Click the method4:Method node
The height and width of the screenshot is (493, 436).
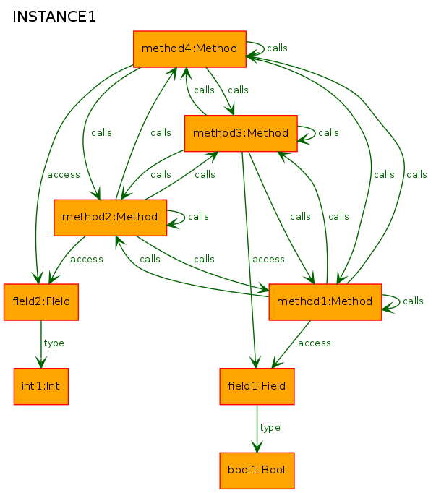[189, 49]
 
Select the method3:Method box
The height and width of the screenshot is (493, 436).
[241, 133]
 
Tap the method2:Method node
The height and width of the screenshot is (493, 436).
[110, 218]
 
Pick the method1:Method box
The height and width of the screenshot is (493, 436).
[325, 302]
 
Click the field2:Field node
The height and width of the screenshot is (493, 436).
[41, 302]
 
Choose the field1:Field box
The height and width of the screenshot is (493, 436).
[257, 387]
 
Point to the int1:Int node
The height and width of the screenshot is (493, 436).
[41, 387]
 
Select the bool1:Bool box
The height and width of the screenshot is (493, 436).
[257, 471]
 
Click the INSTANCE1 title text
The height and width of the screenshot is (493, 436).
[54, 17]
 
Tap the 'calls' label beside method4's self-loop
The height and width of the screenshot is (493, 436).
[277, 48]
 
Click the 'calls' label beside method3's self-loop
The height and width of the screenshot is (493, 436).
[328, 133]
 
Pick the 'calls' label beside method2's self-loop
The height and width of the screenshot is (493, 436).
[198, 217]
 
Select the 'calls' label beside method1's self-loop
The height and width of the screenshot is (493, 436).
[413, 301]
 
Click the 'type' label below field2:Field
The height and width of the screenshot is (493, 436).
[54, 343]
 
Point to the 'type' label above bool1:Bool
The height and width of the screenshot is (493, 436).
[270, 428]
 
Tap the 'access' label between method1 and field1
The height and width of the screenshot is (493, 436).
[315, 343]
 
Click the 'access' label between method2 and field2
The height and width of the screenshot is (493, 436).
[87, 260]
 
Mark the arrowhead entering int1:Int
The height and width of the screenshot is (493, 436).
[41, 362]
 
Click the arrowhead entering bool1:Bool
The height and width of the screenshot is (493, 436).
[257, 447]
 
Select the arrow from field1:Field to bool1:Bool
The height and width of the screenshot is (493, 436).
[257, 429]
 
